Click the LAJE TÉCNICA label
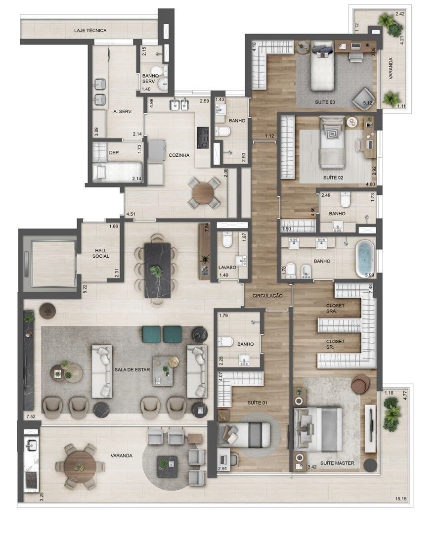[x=90, y=31]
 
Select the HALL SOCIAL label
[x=101, y=253]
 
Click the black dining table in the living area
[x=158, y=270]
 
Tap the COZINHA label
[x=179, y=155]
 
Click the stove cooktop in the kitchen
[x=203, y=137]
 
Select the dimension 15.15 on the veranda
[x=401, y=499]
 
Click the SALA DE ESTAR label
[x=132, y=370]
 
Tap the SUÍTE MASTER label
[x=337, y=463]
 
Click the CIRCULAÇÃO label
[x=267, y=296]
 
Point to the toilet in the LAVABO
[x=227, y=240]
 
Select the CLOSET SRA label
[x=335, y=308]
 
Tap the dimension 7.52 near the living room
[x=31, y=416]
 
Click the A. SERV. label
[x=123, y=112]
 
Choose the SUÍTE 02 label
[x=333, y=178]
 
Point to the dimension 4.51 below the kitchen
[x=131, y=214]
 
